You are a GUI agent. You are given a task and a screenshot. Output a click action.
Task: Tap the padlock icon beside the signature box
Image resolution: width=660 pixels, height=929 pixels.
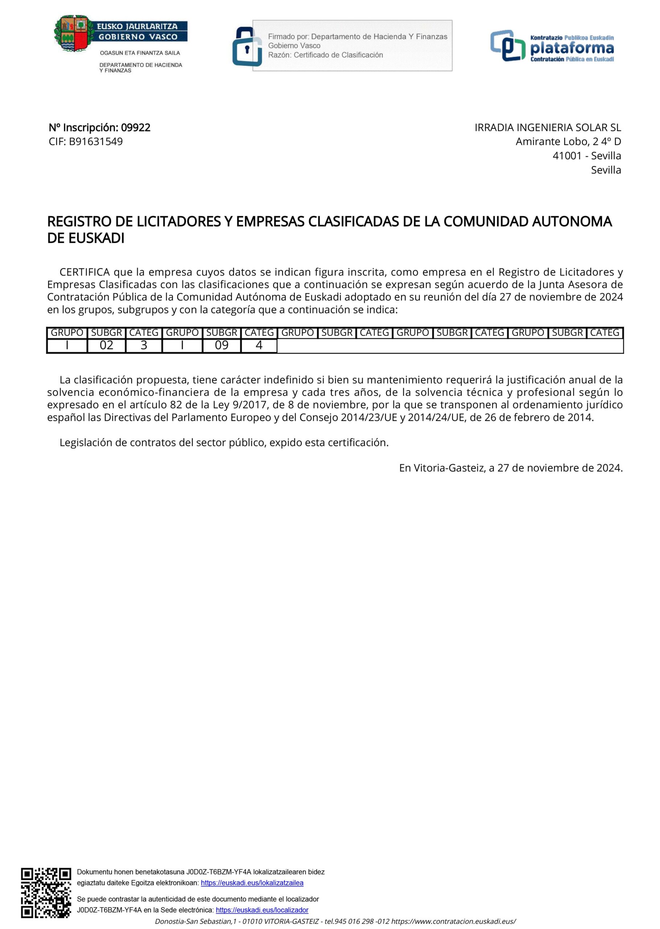246,47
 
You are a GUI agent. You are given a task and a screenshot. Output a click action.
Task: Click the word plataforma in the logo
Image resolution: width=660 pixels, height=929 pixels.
572,48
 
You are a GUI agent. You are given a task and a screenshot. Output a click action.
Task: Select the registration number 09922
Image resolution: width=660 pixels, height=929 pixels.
136,128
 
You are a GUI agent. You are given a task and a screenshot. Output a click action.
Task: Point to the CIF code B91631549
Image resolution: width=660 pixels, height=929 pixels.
96,142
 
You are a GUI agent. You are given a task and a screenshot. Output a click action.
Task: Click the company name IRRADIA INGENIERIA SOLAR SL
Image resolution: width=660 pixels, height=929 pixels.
548,128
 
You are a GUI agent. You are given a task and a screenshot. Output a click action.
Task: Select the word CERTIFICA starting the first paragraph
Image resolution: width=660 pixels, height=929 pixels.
84,272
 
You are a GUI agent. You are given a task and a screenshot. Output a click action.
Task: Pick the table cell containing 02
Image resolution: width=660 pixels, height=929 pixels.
107,345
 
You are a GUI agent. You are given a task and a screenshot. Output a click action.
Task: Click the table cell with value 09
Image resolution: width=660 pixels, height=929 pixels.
222,345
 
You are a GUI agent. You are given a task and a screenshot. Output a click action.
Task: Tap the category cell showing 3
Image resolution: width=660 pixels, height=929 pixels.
144,345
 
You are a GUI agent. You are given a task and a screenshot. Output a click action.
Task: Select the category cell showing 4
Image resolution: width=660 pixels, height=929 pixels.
259,345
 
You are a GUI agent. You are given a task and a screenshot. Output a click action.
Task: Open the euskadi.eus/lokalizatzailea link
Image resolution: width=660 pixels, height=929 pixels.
252,883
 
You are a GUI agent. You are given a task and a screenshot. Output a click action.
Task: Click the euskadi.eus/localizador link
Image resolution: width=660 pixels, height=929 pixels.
262,910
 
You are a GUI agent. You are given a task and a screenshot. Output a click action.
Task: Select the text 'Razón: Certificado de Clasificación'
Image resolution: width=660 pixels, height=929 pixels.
325,55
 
